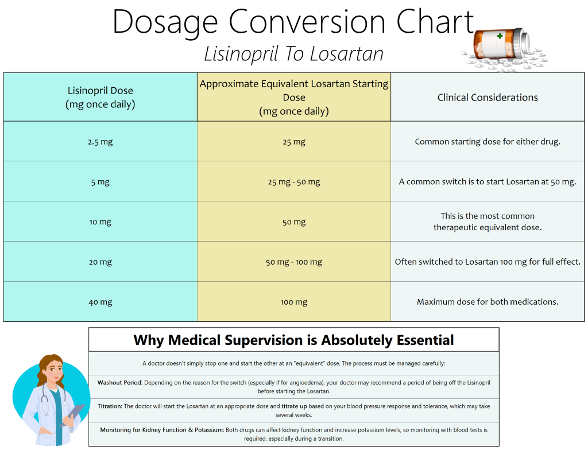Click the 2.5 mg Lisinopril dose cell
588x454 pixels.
coord(100,142)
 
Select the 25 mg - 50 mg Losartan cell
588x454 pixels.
coord(294,182)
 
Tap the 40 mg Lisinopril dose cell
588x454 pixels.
coord(100,302)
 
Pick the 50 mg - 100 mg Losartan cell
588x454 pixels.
coord(294,262)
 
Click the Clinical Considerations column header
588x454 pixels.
coord(488,97)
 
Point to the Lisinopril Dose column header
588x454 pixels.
coord(100,97)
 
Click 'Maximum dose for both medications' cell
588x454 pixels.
coord(488,302)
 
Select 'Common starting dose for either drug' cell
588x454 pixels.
coord(488,142)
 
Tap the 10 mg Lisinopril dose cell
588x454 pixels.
coord(100,222)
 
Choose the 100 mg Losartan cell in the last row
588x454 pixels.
coord(294,302)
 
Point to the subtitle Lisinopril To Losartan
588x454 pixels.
coord(293,54)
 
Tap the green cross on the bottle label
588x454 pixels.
coord(500,36)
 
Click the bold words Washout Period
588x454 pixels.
coord(119,382)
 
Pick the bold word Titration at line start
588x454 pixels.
coord(110,406)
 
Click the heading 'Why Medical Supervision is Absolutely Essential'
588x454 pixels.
coord(293,340)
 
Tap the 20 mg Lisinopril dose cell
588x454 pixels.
coord(100,262)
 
